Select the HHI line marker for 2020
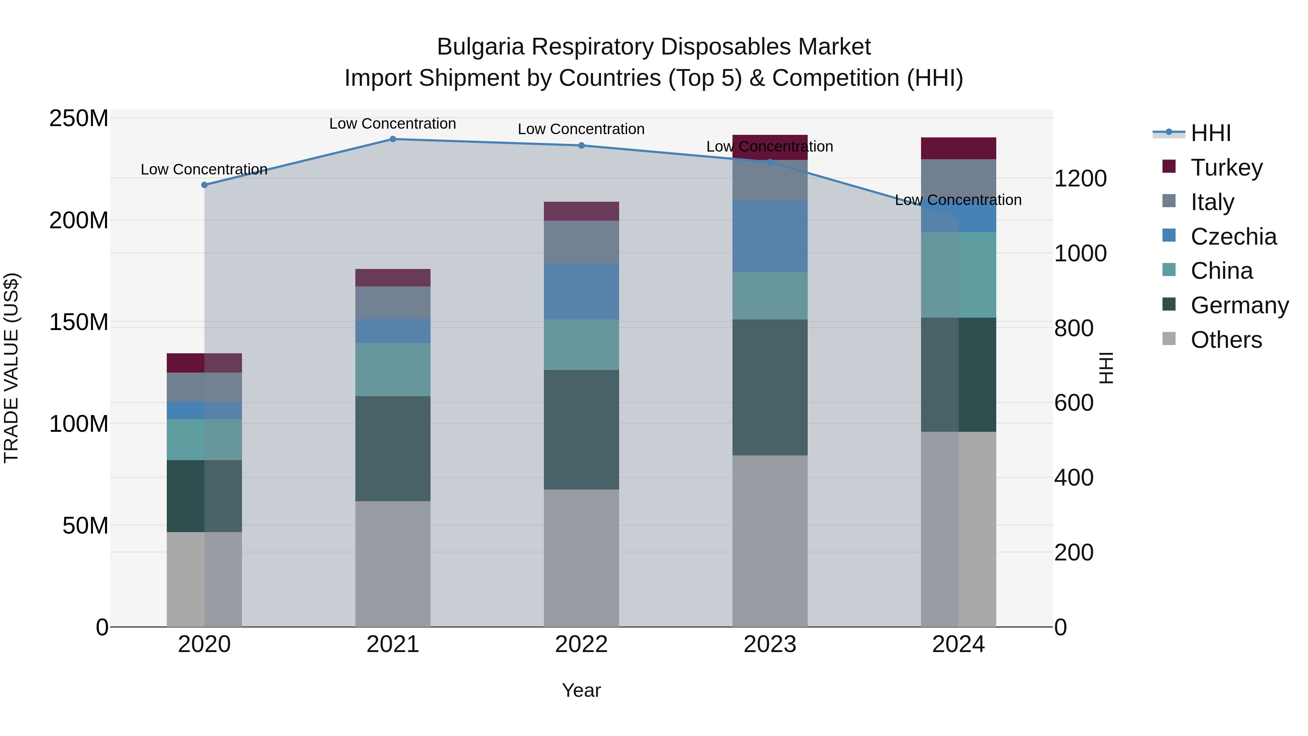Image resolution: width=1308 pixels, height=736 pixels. coord(204,185)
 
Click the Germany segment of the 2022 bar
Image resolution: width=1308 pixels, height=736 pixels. coord(581,430)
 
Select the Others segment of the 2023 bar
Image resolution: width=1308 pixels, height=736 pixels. coord(770,541)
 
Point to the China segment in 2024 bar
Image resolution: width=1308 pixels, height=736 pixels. coord(959,275)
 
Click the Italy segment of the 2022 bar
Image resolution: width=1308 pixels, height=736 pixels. coord(581,242)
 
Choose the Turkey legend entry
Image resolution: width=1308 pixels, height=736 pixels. coord(1226,168)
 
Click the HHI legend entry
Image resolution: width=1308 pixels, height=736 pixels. coord(1211,133)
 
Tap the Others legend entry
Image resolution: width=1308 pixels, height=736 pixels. coord(1226,340)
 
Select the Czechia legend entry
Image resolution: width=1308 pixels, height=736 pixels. coord(1233,237)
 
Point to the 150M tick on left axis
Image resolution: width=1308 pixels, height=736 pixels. coord(79,322)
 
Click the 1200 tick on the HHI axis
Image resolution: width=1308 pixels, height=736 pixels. coord(1080,179)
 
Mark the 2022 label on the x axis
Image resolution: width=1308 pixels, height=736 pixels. coord(581,644)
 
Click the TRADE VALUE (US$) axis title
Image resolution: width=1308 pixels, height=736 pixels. coord(12,368)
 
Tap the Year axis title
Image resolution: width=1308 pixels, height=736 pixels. coord(581,690)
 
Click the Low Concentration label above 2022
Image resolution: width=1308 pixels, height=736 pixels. coord(581,129)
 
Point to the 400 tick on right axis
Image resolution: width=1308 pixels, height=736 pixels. coord(1073,478)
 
